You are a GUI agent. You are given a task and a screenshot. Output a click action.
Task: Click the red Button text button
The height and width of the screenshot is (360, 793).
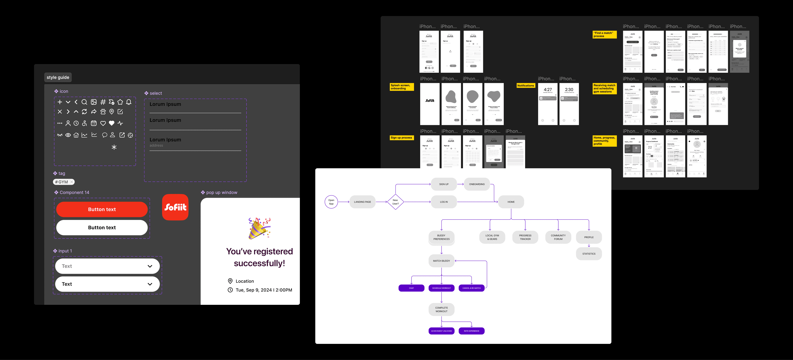coord(102,209)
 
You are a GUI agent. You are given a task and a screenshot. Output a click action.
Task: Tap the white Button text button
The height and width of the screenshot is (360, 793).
coord(102,227)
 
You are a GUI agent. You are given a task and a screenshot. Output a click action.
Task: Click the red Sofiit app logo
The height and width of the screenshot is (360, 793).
coord(175,207)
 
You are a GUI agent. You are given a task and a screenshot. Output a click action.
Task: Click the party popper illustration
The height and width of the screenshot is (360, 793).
coord(259,228)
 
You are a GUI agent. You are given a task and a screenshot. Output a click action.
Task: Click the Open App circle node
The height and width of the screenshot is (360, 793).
coord(331,202)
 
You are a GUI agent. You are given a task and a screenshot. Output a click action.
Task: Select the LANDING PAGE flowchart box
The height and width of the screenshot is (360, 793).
coord(362,202)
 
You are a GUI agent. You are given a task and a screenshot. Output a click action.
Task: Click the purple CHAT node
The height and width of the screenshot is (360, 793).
coord(411,288)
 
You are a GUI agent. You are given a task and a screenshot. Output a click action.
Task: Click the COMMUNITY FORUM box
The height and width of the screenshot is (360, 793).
coord(558,237)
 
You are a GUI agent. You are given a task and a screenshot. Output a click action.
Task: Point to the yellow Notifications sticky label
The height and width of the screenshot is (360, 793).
coord(525,86)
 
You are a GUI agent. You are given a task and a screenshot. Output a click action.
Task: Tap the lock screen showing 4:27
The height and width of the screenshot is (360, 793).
coord(548,104)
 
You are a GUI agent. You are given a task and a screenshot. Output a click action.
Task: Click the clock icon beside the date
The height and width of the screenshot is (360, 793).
coord(230,290)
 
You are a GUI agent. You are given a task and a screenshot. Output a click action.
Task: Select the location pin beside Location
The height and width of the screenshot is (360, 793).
coord(230,281)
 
